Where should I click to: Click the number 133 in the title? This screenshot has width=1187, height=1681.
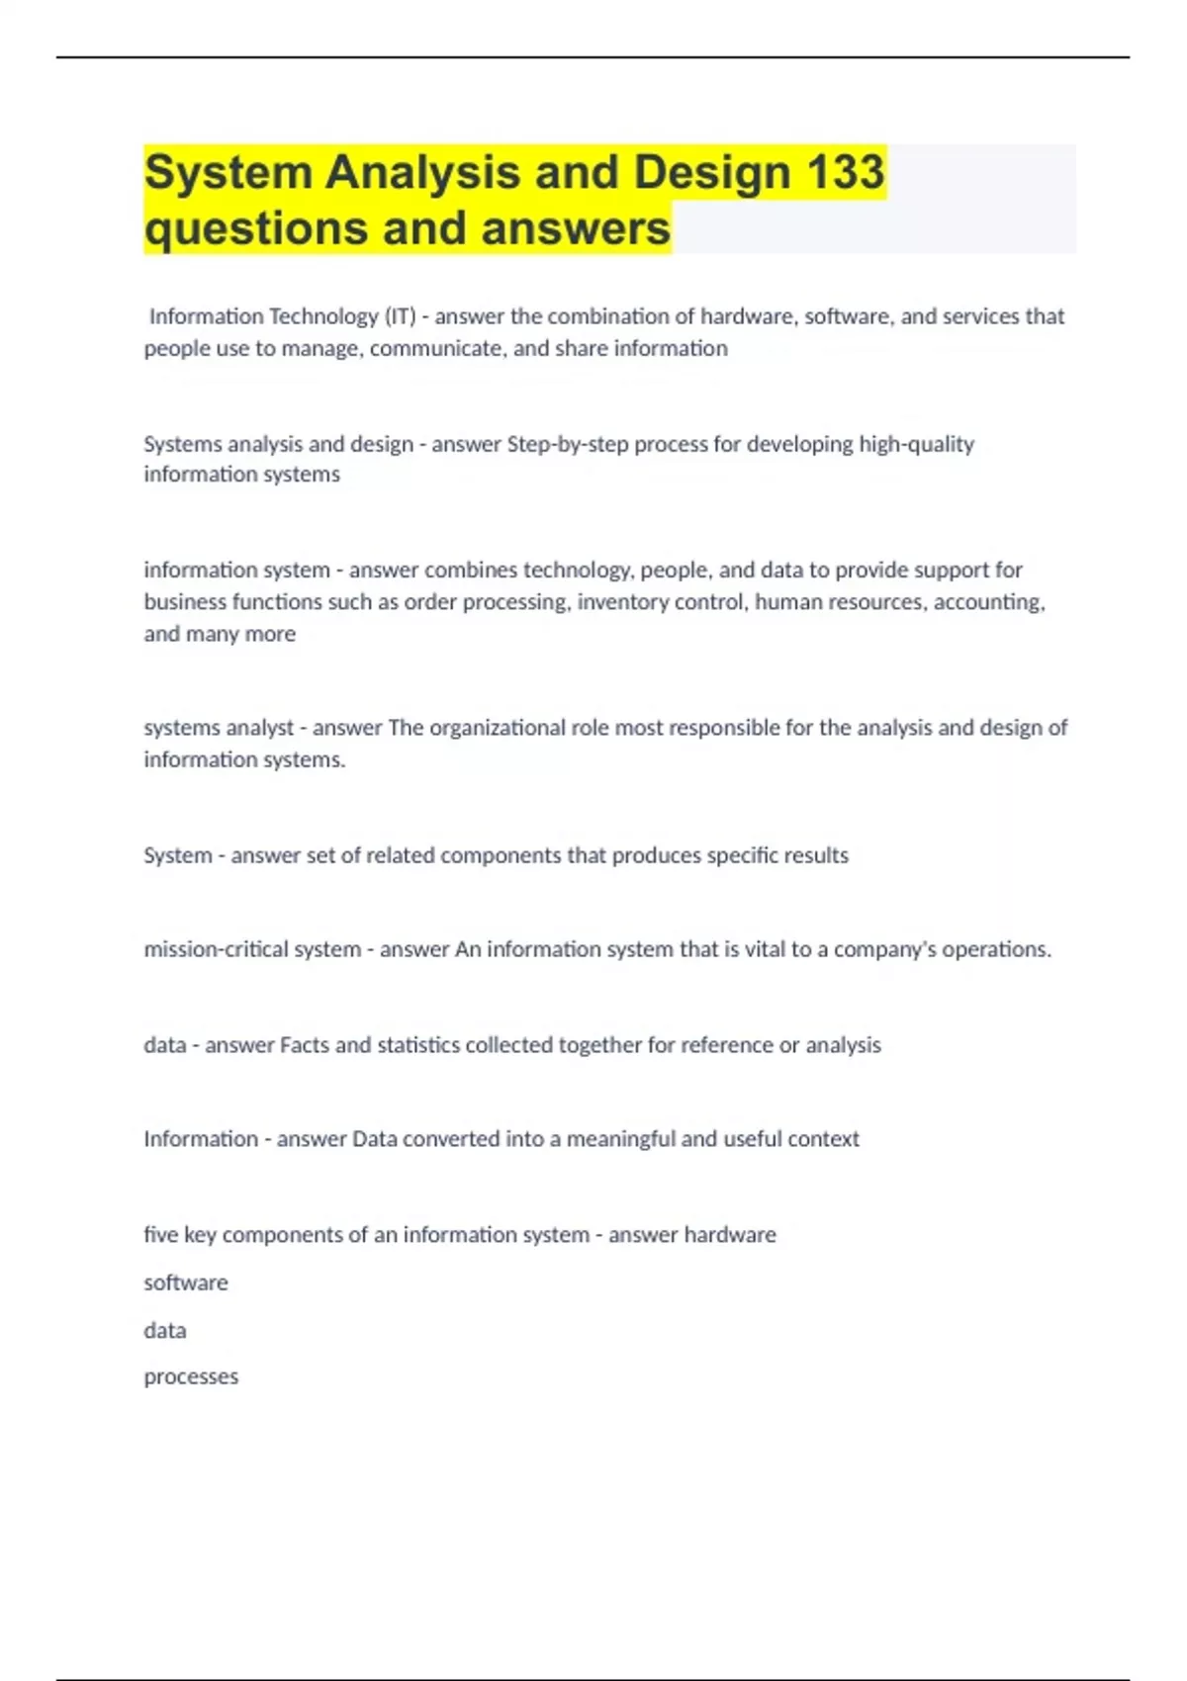[x=846, y=172]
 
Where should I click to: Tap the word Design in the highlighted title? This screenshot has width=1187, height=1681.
[x=712, y=172]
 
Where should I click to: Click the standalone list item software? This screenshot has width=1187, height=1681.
[x=186, y=1283]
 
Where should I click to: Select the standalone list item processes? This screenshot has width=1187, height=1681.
[x=191, y=1377]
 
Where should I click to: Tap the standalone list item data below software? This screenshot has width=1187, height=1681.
[x=165, y=1331]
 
